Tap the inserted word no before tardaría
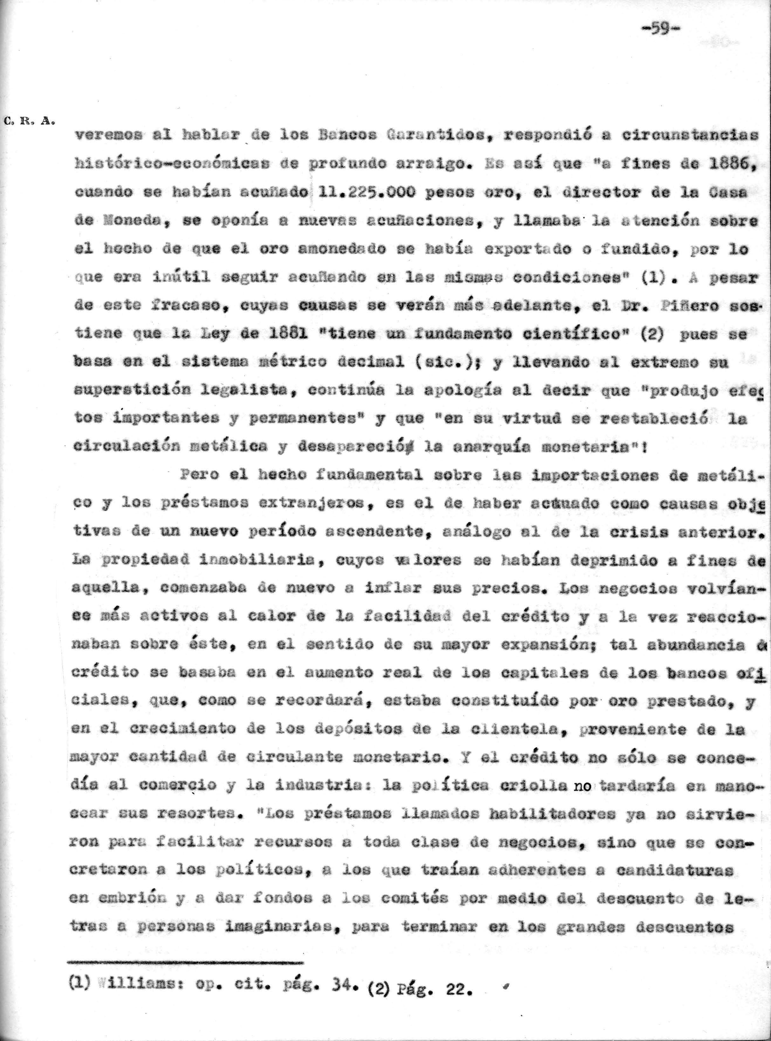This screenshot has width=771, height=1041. point(582,786)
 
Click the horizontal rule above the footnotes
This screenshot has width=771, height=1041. point(185,962)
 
